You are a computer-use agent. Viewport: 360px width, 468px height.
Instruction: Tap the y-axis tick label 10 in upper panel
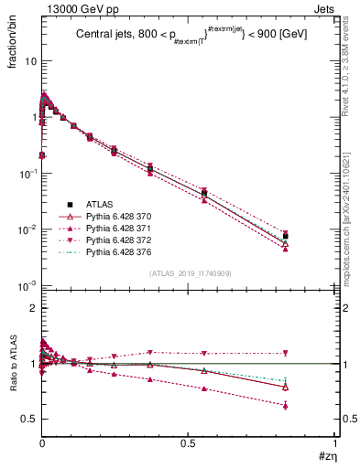[x=30, y=61]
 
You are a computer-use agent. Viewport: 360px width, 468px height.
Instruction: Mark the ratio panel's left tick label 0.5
[x=28, y=419]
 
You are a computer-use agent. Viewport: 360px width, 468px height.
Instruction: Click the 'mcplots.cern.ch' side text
[x=351, y=238]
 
